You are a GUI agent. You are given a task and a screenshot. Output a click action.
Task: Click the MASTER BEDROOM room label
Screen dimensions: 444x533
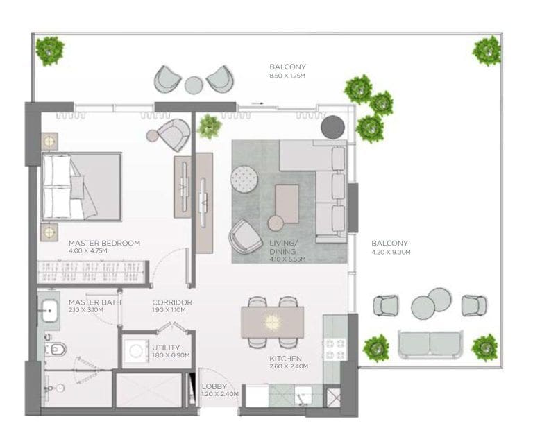[104, 244]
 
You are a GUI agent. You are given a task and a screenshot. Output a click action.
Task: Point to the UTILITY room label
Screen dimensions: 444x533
[166, 348]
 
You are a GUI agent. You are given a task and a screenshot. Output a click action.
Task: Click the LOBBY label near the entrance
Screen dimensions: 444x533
[214, 386]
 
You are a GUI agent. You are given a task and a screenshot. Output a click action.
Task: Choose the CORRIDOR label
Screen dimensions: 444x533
[172, 302]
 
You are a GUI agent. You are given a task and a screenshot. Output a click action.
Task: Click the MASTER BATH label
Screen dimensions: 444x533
[95, 302]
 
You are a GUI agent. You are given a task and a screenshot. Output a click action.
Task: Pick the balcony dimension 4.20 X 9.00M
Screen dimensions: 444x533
[391, 253]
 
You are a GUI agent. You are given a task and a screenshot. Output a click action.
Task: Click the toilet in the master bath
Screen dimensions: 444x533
[56, 348]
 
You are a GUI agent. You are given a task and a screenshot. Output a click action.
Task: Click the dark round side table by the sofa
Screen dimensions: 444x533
[332, 127]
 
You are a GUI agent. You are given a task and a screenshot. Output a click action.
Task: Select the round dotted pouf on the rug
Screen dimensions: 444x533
[244, 180]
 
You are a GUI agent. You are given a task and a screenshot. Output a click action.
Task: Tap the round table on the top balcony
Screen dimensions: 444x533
[194, 85]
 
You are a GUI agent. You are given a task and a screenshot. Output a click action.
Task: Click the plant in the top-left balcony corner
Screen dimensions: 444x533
[50, 51]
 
